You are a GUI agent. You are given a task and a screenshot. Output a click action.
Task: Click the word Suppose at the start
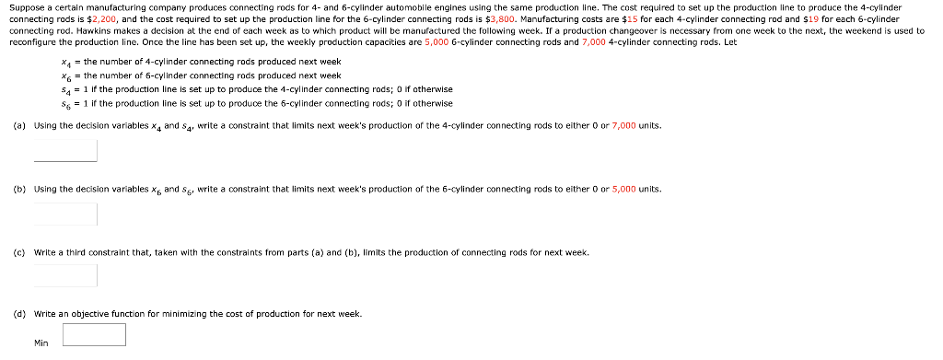tap(27, 6)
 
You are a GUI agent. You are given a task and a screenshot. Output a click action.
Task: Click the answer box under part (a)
tap(65, 150)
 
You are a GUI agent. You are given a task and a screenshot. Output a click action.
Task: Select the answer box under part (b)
tap(65, 214)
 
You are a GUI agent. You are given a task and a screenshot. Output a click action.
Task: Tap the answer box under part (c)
tap(65, 275)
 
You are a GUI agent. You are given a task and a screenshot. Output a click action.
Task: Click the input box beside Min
tap(94, 334)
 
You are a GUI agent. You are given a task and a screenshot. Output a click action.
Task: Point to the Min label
tap(41, 343)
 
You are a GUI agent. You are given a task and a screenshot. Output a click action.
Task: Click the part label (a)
tap(19, 125)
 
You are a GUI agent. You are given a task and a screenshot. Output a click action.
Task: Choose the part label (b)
tap(19, 189)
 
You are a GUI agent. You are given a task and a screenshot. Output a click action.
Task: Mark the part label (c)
tap(19, 251)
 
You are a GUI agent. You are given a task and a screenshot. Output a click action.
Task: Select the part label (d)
tap(19, 314)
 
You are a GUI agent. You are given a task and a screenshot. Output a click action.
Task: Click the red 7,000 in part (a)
tap(623, 125)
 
